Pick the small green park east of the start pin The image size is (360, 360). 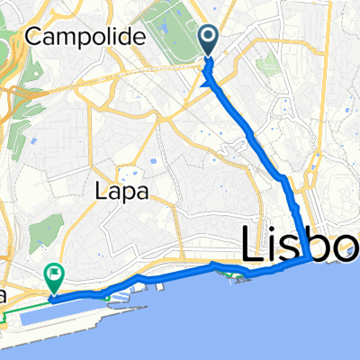[265, 65]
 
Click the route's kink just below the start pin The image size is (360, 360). [209, 84]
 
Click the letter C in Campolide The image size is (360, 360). [36, 37]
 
